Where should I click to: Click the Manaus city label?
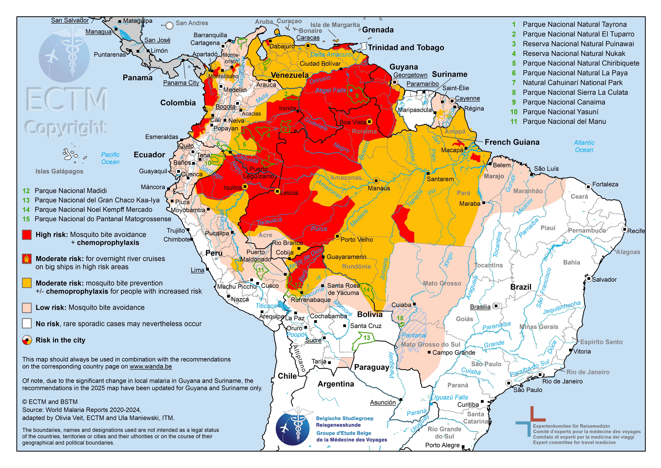[379, 188]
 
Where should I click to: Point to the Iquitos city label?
[232, 188]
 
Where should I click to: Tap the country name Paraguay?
[372, 367]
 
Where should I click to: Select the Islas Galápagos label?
[59, 171]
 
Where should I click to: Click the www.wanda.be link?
[151, 367]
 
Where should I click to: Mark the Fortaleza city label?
[605, 184]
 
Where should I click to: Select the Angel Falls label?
[331, 90]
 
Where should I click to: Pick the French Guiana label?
[512, 142]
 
